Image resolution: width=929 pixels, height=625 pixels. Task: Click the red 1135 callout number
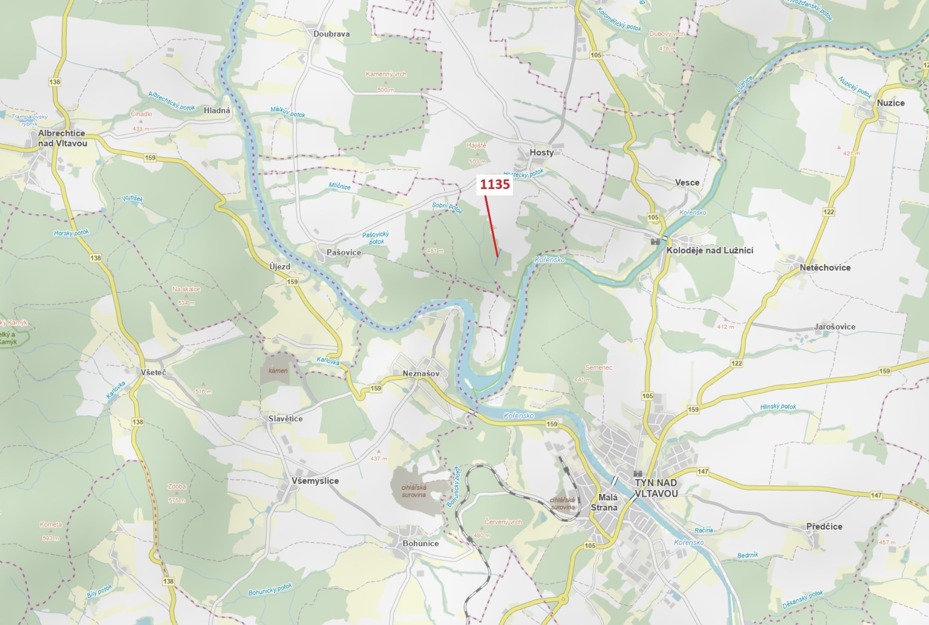tap(494, 184)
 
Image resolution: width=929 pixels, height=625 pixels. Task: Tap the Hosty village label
tap(541, 153)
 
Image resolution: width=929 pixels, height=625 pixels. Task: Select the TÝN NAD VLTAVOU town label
tap(656, 488)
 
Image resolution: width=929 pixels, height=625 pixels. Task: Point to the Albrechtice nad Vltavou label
tap(62, 138)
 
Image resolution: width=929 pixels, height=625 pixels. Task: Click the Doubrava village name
tap(331, 34)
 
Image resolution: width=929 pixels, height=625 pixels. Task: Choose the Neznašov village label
tap(421, 373)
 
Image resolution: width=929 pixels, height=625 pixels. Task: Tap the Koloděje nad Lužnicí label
tap(709, 250)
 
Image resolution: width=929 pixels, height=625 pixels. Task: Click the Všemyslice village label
tap(315, 481)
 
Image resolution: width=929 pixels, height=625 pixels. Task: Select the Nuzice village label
tap(890, 103)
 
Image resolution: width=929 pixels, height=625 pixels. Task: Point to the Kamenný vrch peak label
tap(386, 74)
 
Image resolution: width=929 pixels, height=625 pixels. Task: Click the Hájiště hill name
tap(476, 146)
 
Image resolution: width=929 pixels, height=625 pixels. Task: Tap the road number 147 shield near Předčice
tap(876, 495)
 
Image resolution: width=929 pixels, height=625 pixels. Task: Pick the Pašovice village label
tap(343, 252)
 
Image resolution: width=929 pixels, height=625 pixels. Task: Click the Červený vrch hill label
tap(503, 522)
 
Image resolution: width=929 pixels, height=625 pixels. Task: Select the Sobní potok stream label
tap(447, 207)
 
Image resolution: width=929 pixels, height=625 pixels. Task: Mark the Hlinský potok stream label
tap(778, 406)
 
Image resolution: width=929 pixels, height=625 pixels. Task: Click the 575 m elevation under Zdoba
tap(176, 500)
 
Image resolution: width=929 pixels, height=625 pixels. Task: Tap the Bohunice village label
tap(420, 543)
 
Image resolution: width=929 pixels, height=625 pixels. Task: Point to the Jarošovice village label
tap(835, 327)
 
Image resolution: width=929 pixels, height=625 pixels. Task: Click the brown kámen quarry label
tap(278, 371)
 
